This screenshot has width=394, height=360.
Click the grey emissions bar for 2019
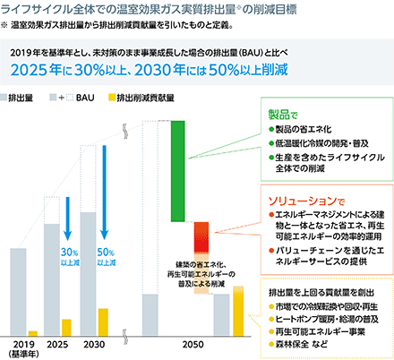18,292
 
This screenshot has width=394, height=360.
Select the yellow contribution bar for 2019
33,333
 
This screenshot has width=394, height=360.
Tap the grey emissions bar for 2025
52,279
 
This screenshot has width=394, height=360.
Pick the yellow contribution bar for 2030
103,321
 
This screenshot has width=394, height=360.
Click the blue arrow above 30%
68,219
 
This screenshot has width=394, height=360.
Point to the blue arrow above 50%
104,193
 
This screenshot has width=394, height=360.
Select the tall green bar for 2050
178,171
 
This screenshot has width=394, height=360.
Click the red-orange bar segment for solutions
201,237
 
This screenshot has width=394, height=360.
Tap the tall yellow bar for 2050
238,311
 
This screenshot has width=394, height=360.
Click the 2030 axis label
94,345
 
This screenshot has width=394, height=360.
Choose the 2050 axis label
193,345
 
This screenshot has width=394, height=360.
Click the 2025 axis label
57,345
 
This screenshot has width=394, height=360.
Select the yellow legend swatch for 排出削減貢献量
112,98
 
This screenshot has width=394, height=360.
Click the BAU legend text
85,98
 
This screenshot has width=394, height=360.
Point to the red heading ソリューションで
306,201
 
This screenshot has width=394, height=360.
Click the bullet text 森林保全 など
301,344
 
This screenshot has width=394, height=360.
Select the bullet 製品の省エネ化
304,129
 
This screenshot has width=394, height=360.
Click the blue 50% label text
106,253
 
